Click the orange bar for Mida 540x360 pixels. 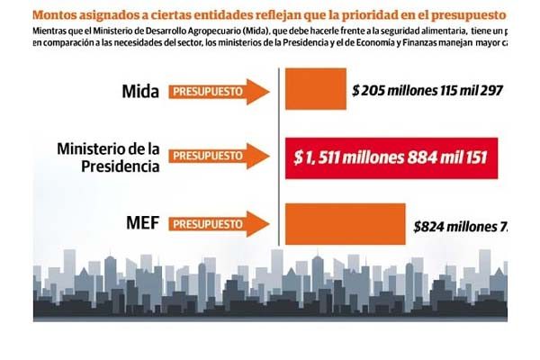tap(314, 92)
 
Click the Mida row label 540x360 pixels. tap(140, 91)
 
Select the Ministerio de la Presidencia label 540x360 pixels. tap(108, 157)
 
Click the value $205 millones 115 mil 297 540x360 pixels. tap(427, 91)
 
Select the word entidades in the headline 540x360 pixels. tap(209, 15)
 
